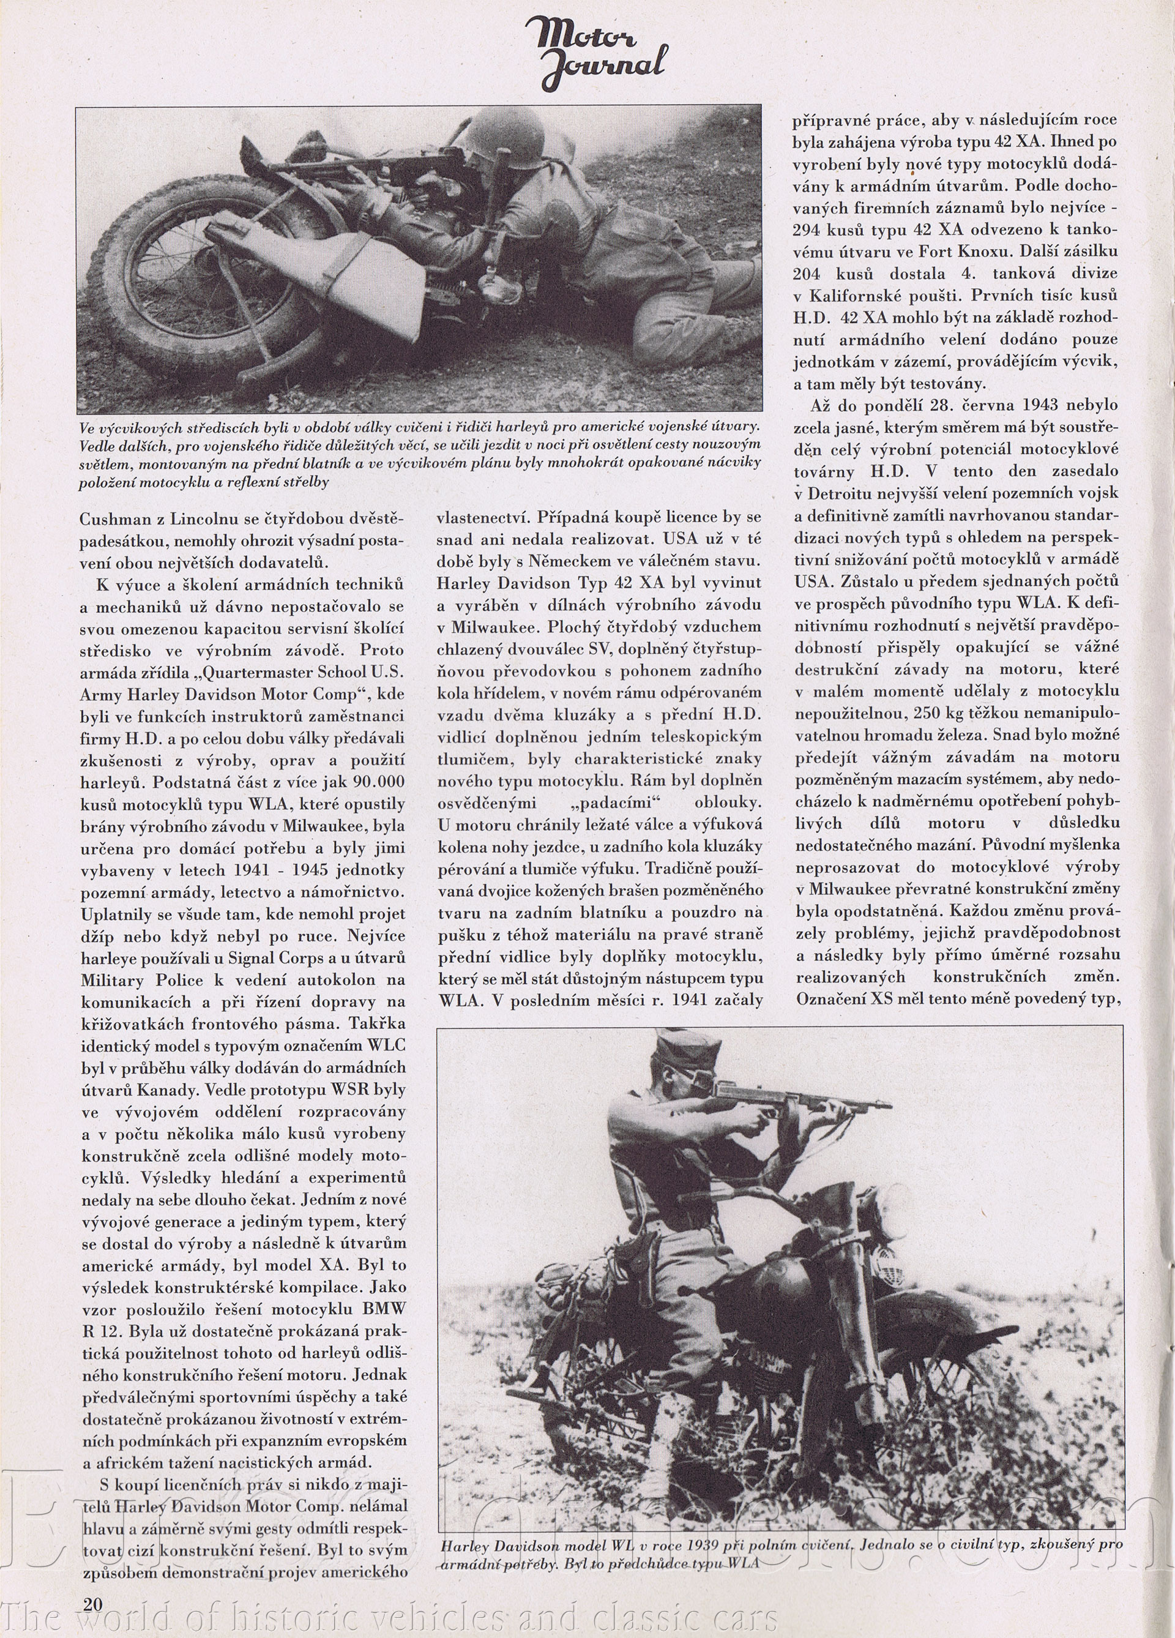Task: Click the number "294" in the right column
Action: coord(808,230)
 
